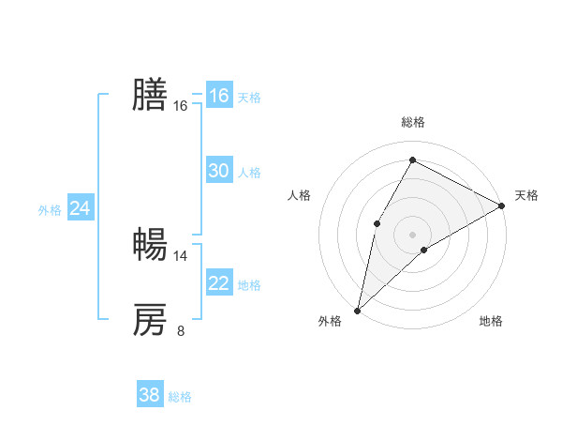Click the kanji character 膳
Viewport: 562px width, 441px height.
click(150, 94)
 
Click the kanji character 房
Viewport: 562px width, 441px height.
click(150, 320)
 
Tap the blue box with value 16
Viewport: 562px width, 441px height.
click(219, 96)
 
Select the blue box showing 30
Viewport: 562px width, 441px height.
click(219, 171)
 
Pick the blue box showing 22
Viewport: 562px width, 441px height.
click(219, 283)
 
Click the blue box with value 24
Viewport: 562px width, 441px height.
click(81, 208)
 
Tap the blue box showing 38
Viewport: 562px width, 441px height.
click(150, 395)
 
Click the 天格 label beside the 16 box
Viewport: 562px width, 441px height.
click(249, 97)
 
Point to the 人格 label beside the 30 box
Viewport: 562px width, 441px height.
click(249, 172)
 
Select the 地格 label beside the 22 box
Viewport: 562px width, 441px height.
click(249, 284)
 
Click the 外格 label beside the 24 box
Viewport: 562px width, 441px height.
click(50, 210)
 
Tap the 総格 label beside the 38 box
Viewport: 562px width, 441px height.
click(180, 397)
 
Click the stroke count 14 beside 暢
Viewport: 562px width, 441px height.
click(181, 255)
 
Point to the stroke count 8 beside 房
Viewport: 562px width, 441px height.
click(181, 330)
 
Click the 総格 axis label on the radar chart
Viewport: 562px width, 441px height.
click(413, 122)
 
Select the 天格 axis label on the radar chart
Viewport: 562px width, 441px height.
click(526, 195)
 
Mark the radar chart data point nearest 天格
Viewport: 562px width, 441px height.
click(502, 205)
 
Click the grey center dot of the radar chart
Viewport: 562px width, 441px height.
click(413, 234)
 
